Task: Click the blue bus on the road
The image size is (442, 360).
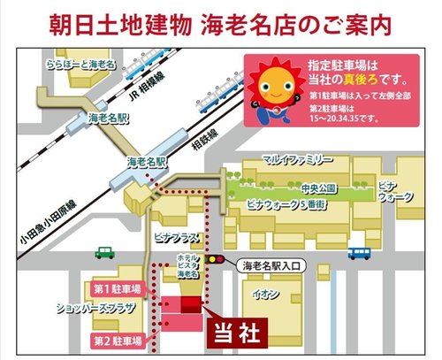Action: click(358, 253)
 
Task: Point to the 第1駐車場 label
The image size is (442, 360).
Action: click(115, 288)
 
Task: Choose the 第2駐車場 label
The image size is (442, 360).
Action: click(115, 340)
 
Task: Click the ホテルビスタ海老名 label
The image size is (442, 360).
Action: click(186, 264)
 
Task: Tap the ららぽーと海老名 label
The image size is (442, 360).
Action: click(80, 65)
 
